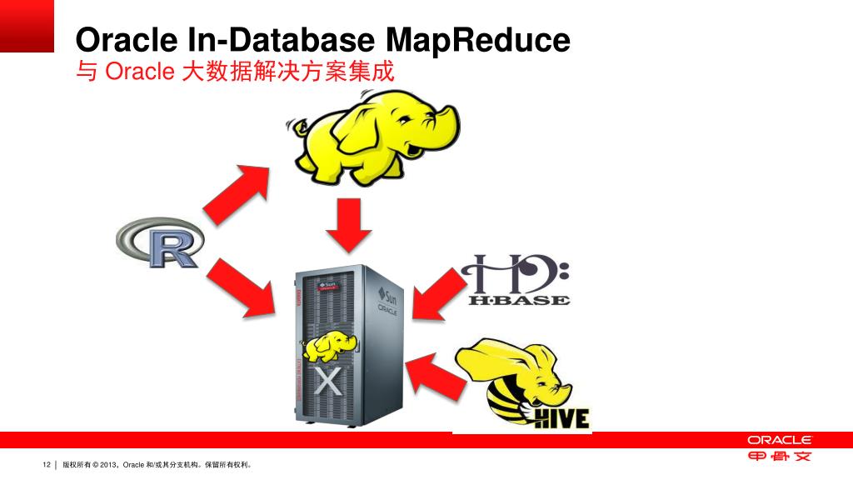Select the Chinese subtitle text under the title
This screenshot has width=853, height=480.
coord(233,72)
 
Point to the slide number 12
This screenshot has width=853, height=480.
coord(47,464)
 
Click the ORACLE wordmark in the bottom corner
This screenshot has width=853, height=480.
coord(779,439)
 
